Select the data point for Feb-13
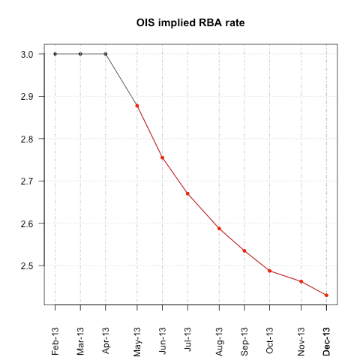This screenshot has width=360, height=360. tap(55, 54)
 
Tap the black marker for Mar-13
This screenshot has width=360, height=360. tap(80, 54)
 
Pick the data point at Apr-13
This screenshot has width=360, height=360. tap(105, 54)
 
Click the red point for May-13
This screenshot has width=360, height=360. tap(137, 106)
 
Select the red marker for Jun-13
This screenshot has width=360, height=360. tap(162, 157)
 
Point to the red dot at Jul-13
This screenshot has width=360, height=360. tap(187, 193)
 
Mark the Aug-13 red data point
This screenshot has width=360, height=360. tap(219, 229)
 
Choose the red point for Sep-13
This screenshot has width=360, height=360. tap(244, 250)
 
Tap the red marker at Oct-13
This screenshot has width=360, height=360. tap(269, 271)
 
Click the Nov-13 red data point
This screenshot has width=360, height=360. tap(301, 281)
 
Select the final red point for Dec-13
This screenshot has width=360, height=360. tap(326, 295)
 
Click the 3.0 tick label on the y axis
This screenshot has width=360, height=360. tap(26, 54)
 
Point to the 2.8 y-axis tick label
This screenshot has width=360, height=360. tap(26, 139)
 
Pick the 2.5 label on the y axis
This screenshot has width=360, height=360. tap(26, 265)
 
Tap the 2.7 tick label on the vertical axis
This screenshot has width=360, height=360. tap(26, 181)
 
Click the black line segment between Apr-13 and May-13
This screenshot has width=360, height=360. tap(121, 80)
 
